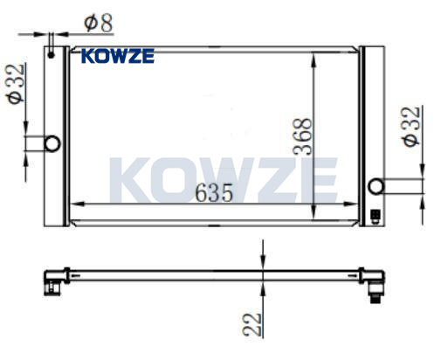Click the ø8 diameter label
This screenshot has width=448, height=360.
click(x=99, y=23)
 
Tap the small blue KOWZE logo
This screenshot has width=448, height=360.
click(x=118, y=56)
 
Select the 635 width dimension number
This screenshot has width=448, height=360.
click(x=214, y=193)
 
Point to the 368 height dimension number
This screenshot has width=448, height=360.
click(x=303, y=136)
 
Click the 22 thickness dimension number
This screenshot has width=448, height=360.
click(x=252, y=324)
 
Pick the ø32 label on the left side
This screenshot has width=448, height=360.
click(x=16, y=84)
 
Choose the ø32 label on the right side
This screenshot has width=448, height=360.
click(x=411, y=127)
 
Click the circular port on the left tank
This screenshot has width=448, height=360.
click(x=52, y=143)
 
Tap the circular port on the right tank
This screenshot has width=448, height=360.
click(x=376, y=186)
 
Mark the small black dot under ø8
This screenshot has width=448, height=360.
click(x=51, y=55)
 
